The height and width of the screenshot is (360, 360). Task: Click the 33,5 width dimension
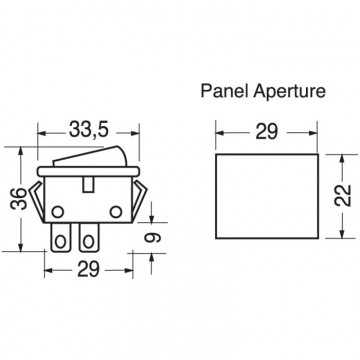coord(89,130)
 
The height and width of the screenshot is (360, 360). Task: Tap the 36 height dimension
coord(19,199)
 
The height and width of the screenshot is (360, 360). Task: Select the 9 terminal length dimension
coord(152,237)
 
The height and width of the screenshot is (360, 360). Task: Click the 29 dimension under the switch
coord(88,269)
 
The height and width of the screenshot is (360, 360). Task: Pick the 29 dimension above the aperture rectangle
coord(267,132)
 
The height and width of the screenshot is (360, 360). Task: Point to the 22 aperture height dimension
coord(343,196)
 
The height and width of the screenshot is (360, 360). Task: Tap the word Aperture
coord(289,91)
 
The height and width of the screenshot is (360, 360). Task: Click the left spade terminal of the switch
coord(60,237)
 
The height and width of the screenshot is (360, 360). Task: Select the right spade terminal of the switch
coord(89,237)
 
